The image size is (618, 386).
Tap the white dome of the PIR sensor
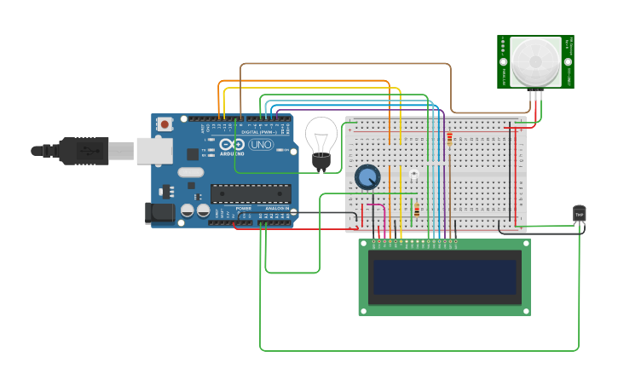pos(535,61)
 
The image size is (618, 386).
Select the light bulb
pos(321,141)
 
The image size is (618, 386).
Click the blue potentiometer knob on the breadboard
pos(367,177)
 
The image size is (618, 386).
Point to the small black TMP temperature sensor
pos(580,213)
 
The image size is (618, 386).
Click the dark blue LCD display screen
pos(444,276)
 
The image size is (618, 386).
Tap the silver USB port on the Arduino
pos(154,151)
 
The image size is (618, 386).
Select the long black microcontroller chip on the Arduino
pos(251,193)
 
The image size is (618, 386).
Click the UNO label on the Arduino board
pos(260,145)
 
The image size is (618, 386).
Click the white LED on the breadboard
pos(413,174)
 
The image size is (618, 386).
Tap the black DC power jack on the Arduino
pos(159,213)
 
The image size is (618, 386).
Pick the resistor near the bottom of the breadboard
pos(416,209)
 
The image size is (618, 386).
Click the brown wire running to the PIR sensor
pos(341,64)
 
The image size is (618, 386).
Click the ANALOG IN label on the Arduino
pos(275,208)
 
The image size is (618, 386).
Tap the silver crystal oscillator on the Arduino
pos(191,173)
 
